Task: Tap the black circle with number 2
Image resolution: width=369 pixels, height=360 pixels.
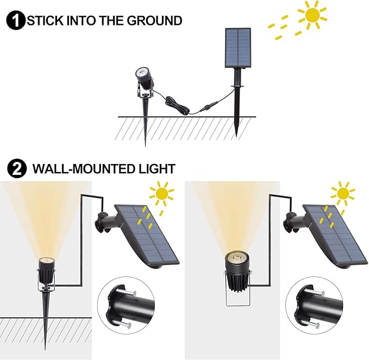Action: (18, 169)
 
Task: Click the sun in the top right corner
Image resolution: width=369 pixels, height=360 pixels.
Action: (312, 16)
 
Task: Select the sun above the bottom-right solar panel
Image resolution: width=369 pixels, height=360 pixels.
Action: (342, 193)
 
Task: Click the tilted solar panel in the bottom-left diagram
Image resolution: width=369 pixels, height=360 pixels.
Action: (147, 235)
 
